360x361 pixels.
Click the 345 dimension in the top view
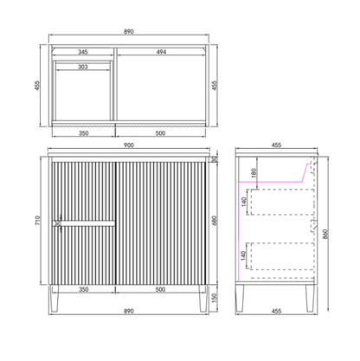pyautogui.click(x=83, y=52)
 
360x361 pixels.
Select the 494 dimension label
pyautogui.click(x=161, y=52)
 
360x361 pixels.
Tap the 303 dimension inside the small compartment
pyautogui.click(x=83, y=67)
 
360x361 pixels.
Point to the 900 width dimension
pyautogui.click(x=129, y=145)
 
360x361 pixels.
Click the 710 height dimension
pyautogui.click(x=37, y=221)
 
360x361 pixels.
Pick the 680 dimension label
pyautogui.click(x=214, y=221)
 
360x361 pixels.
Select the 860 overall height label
pyautogui.click(x=325, y=235)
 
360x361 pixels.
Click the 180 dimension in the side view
pyautogui.click(x=254, y=173)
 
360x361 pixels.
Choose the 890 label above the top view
pyautogui.click(x=129, y=31)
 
